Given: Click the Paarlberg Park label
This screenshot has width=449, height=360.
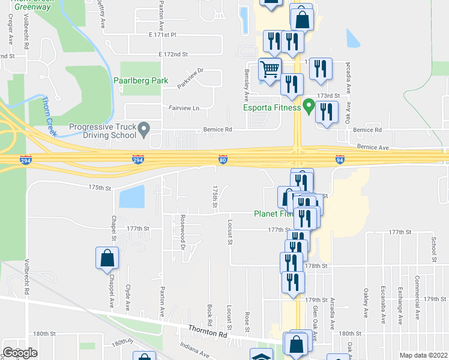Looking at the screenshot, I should [x=139, y=80].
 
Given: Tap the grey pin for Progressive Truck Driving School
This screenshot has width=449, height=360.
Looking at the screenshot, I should [x=143, y=128].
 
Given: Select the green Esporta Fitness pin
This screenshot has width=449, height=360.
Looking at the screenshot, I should [x=309, y=107].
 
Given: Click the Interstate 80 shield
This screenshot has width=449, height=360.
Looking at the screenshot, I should [x=223, y=160].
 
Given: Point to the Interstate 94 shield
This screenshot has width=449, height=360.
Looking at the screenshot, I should [x=340, y=160].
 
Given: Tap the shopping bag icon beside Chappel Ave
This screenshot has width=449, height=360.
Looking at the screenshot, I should [x=107, y=258].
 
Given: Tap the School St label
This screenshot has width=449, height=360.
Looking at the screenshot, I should [x=433, y=248].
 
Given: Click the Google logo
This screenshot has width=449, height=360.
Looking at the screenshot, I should [x=20, y=353].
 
